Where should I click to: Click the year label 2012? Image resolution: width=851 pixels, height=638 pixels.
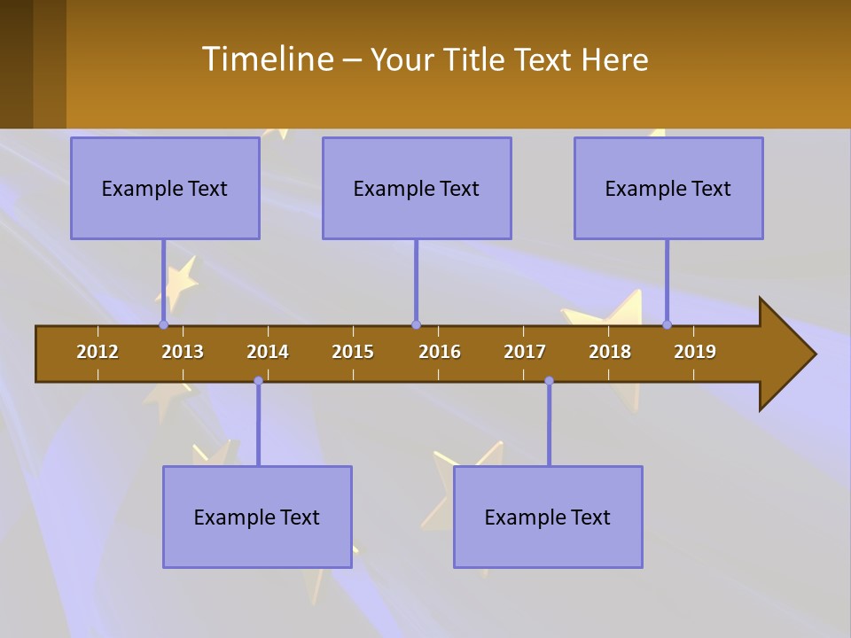coord(98,352)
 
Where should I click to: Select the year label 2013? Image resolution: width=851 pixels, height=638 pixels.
coord(183,352)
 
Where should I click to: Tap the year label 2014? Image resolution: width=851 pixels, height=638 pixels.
coord(268,352)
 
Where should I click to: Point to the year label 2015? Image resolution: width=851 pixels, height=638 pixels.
coord(353,352)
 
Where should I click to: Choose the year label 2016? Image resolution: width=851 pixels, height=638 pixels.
coord(440,352)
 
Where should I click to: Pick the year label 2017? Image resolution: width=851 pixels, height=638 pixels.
coord(525,352)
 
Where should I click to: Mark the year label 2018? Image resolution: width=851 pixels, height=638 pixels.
coord(610,352)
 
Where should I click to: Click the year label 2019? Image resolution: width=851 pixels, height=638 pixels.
coord(695,352)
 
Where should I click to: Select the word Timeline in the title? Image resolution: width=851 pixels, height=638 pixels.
coord(266,59)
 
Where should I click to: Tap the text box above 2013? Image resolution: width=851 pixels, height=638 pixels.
coord(165,188)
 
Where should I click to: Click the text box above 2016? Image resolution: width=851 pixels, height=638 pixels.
coord(417,188)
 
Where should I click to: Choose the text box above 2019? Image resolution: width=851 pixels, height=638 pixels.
coord(668,188)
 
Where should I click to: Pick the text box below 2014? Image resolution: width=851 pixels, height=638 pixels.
coord(257,517)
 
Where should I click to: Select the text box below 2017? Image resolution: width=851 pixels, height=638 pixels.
coord(548,517)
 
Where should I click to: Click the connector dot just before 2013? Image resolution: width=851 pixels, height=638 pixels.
coord(163,325)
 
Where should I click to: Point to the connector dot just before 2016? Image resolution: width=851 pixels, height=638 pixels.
coord(416,325)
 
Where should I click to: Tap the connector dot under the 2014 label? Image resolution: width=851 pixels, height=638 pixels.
coord(258,381)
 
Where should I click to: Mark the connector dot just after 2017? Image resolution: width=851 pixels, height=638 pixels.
coord(549,381)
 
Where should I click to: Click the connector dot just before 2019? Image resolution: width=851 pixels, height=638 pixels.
coord(668,325)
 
